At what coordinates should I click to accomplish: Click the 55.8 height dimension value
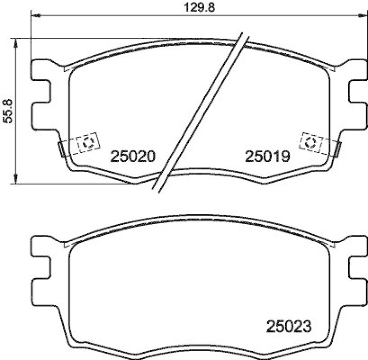coord(8,111)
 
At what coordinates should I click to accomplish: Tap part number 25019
coord(267,157)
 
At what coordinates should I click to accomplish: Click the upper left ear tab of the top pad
coord(40,69)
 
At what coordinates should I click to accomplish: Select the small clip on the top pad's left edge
coord(61,148)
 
